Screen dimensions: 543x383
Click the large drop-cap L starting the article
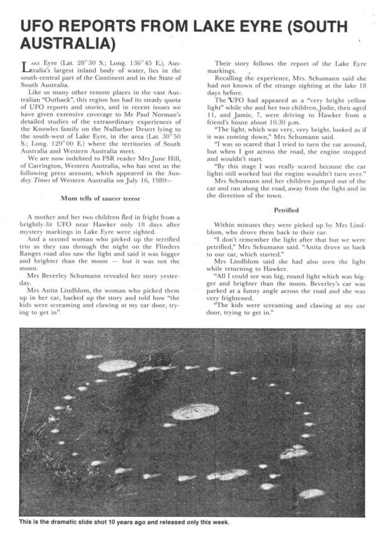[x=26, y=66]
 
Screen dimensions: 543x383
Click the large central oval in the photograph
[x=195, y=412]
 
